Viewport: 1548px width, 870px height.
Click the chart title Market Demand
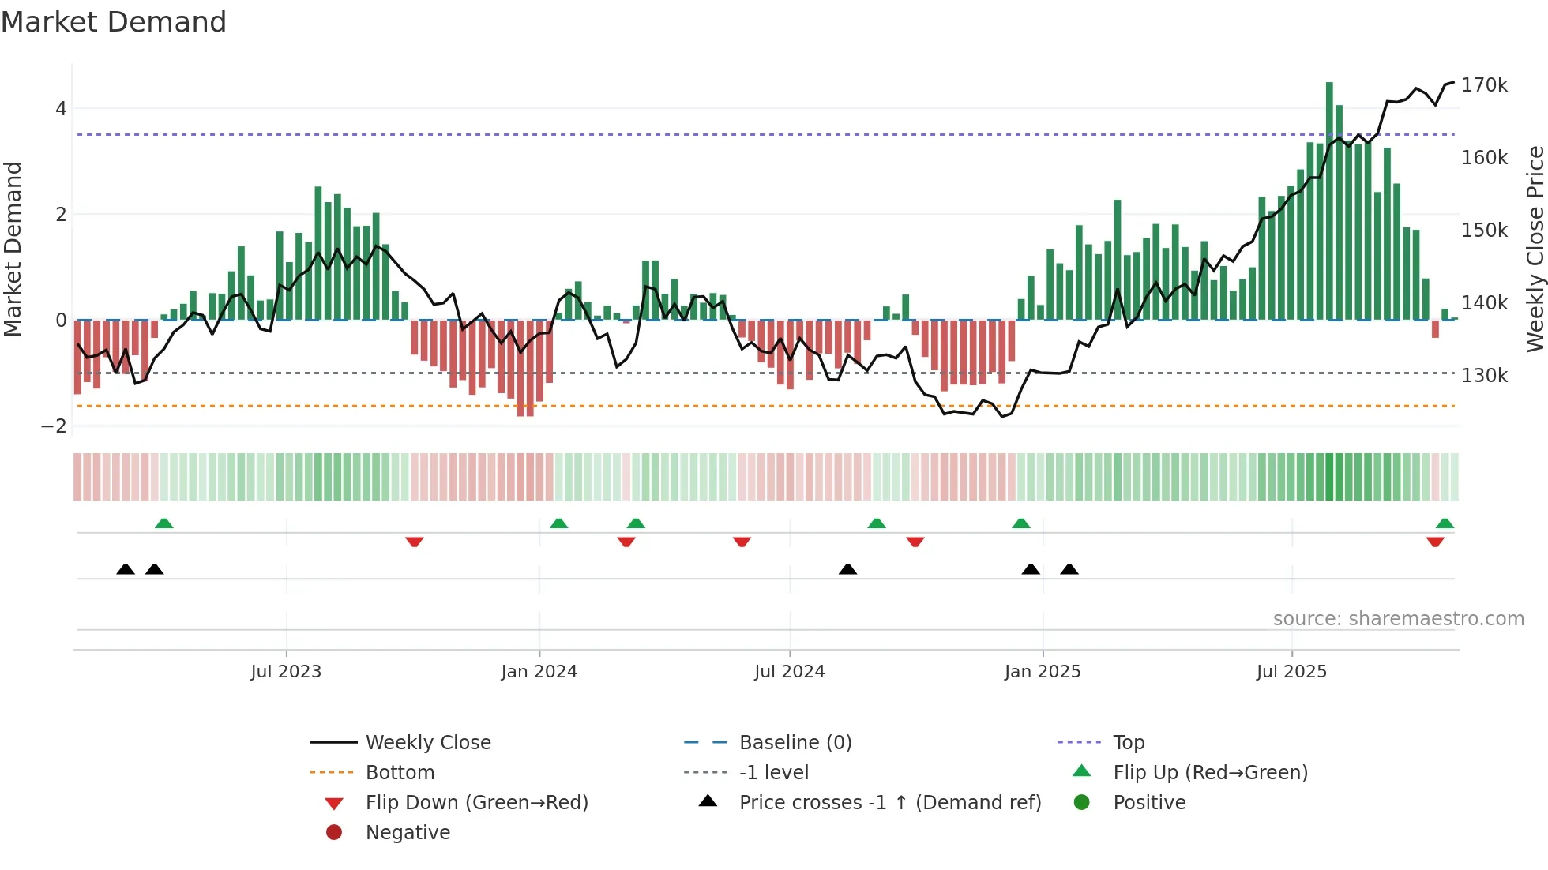tap(114, 22)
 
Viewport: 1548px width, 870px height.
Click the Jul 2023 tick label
tap(286, 671)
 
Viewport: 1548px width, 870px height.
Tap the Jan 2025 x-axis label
tap(1042, 671)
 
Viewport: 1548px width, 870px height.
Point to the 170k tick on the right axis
tap(1484, 85)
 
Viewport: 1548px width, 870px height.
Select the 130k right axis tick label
tap(1484, 376)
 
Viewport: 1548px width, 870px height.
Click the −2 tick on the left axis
tap(54, 426)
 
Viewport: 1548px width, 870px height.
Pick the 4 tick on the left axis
tap(61, 109)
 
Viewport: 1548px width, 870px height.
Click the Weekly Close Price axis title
tap(1534, 249)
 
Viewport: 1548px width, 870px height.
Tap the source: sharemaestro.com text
tap(1398, 619)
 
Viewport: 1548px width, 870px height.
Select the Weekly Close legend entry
tap(427, 743)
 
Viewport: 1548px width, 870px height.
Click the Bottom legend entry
tap(400, 773)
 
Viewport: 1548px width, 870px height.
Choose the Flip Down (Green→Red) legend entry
tap(476, 803)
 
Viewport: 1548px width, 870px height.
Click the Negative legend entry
tap(408, 833)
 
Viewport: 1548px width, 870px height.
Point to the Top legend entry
tap(1128, 743)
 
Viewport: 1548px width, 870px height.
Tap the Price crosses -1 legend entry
tap(889, 803)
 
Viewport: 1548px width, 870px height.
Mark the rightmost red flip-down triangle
tap(1435, 542)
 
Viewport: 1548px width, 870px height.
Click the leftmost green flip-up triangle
tap(163, 523)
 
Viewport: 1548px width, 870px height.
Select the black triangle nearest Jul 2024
tap(847, 569)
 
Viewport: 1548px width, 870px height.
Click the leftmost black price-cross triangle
tap(125, 569)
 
